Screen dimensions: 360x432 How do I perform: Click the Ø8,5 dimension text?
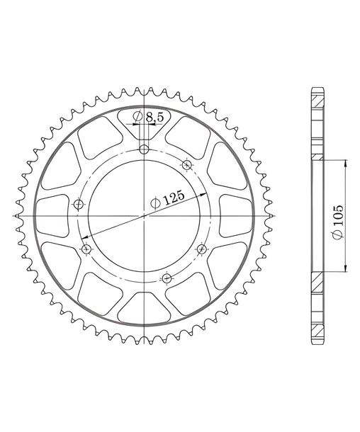[x=148, y=117]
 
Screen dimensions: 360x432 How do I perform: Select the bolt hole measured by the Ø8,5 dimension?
[x=144, y=150]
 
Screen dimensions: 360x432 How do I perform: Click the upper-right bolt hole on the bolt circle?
[x=187, y=165]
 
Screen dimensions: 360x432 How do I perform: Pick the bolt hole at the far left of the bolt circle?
[x=79, y=205]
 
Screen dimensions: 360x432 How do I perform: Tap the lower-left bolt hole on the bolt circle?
[x=86, y=249]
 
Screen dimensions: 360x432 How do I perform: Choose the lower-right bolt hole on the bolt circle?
[x=202, y=249]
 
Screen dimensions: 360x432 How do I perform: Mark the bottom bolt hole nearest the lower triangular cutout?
[x=167, y=278]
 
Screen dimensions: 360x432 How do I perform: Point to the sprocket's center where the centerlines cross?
[x=144, y=216]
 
